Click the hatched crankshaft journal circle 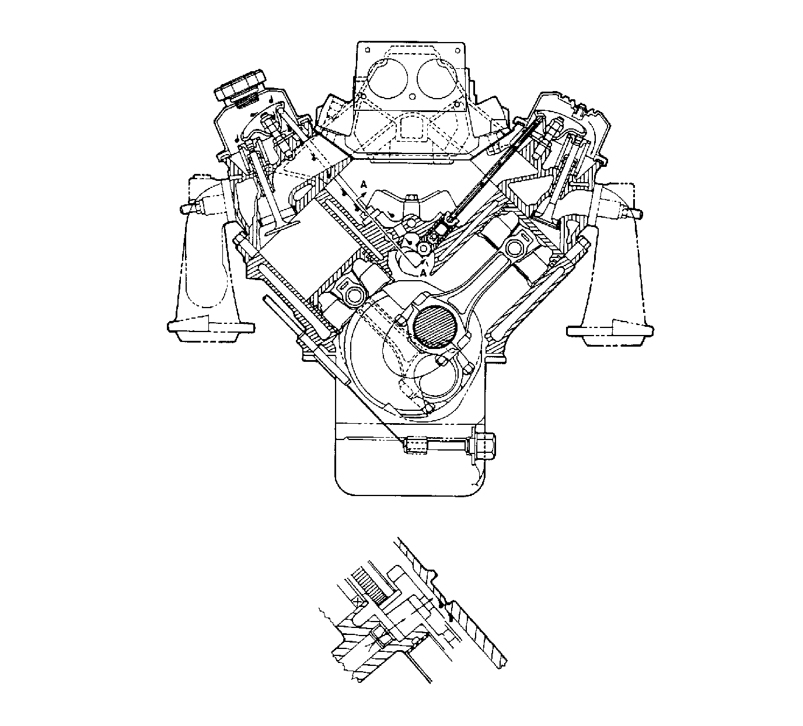433,327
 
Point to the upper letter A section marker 364,184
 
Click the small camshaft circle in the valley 422,248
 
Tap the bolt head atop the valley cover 410,198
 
